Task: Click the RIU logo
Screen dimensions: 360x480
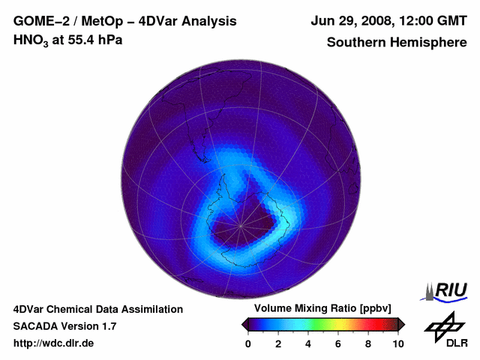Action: [x=447, y=289]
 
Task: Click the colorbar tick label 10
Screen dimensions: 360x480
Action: [x=397, y=343]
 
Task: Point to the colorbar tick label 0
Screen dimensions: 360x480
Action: [x=248, y=343]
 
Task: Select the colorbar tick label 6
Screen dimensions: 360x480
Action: [x=338, y=343]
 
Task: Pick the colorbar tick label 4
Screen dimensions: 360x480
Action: [x=308, y=343]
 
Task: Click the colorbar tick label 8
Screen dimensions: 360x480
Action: [x=368, y=343]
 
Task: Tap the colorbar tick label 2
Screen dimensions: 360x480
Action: [x=278, y=343]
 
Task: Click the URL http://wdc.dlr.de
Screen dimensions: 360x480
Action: [x=54, y=343]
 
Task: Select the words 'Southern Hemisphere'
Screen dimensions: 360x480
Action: [x=397, y=42]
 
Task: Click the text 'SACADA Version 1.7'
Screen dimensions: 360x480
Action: [x=64, y=326]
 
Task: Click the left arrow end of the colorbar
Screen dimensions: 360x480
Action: [x=244, y=324]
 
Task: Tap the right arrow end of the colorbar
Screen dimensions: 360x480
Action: [x=401, y=324]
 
